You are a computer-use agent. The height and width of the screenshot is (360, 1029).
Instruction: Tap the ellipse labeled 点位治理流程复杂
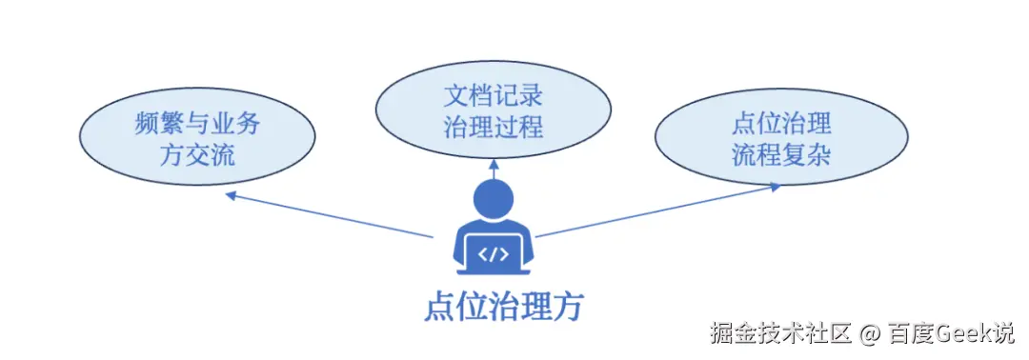(781, 138)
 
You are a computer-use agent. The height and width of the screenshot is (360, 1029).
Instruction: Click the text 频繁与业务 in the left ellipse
(197, 123)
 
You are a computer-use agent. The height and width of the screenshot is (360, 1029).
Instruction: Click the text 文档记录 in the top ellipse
(493, 96)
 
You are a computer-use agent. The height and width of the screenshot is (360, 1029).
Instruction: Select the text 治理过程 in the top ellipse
(493, 127)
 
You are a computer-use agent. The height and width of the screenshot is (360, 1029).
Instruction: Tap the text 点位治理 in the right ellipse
(781, 124)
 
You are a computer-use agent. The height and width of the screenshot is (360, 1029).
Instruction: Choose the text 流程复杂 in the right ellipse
(781, 153)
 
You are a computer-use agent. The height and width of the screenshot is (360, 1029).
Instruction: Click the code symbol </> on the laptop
(493, 253)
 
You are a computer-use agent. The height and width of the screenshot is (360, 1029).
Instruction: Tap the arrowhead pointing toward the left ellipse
(230, 195)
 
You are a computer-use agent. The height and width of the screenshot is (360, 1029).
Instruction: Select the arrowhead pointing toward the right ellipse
(775, 187)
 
